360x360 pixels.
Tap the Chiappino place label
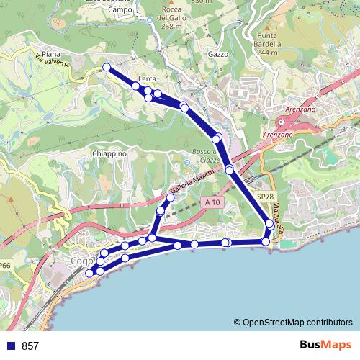[109, 153]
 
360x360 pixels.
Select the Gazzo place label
[217, 54]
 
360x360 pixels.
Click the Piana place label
[51, 54]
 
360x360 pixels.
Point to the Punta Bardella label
[267, 44]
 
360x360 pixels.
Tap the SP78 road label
[265, 196]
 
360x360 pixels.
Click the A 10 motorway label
[210, 204]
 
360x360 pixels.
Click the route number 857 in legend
[30, 346]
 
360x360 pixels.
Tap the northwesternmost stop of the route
[107, 67]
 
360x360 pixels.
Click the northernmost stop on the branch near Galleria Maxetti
[171, 197]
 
